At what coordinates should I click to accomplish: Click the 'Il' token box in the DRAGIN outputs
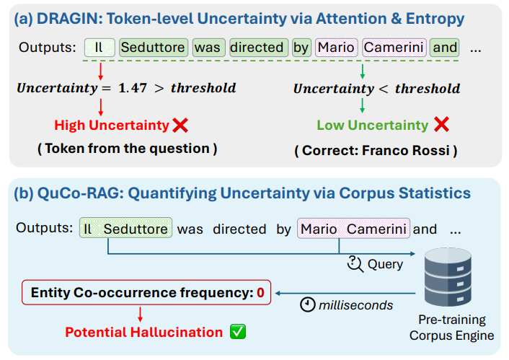(x=99, y=48)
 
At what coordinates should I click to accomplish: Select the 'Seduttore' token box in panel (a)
(x=154, y=48)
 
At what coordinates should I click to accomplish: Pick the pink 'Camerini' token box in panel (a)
(x=394, y=48)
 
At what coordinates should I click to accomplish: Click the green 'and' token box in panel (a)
(x=445, y=48)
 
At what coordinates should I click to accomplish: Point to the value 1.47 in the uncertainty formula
(x=133, y=88)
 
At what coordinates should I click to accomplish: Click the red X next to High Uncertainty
(x=180, y=126)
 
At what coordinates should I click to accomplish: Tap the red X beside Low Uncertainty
(x=441, y=124)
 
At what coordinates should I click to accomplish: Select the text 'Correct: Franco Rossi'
(x=376, y=151)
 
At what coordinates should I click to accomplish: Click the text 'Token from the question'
(x=127, y=149)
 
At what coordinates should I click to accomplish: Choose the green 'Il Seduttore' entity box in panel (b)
(x=125, y=228)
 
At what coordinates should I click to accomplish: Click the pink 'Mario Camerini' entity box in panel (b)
(x=353, y=229)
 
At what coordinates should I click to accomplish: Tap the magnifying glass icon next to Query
(x=355, y=264)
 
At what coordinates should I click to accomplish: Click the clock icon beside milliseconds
(x=307, y=304)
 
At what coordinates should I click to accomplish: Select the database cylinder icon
(x=448, y=277)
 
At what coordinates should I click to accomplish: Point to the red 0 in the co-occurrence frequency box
(x=260, y=293)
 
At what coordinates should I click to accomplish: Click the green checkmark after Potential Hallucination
(x=238, y=332)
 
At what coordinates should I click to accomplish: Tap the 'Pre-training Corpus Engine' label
(x=452, y=328)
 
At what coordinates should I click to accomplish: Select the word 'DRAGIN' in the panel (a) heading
(x=69, y=19)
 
